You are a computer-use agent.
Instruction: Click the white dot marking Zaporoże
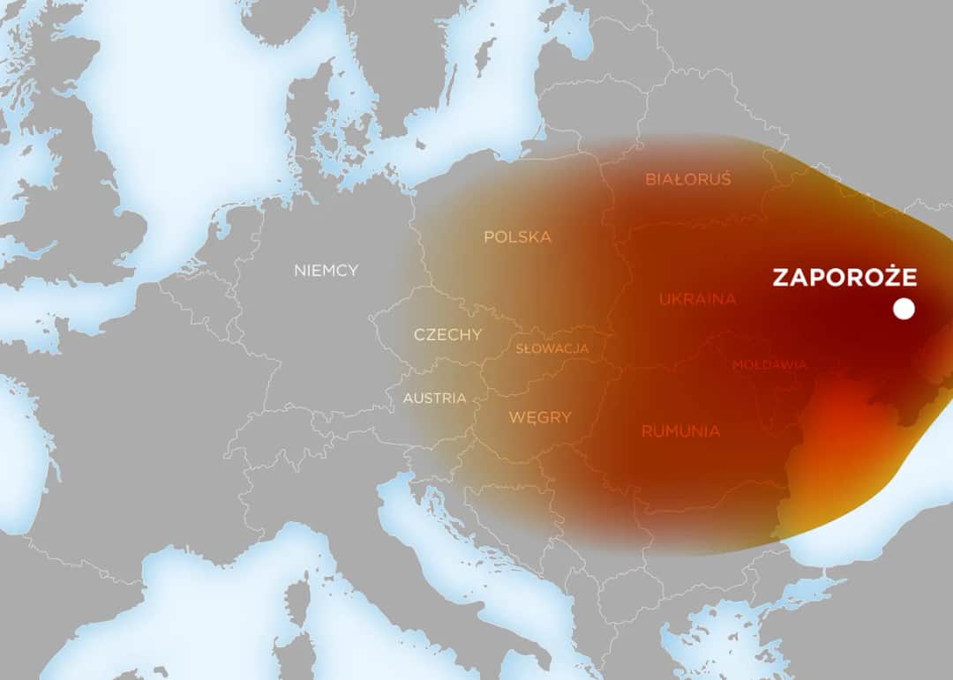pos(903,310)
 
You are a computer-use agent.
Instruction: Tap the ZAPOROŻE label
pos(844,277)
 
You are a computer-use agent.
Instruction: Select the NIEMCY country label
pos(326,270)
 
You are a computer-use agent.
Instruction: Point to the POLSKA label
pos(517,236)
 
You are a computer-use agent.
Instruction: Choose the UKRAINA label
pos(697,299)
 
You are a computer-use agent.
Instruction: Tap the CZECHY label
pos(447,334)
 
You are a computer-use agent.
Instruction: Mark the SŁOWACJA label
pos(552,348)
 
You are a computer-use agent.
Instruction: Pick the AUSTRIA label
pos(434,398)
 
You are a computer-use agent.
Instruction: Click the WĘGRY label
pos(540,417)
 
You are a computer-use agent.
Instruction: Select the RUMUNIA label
pos(680,431)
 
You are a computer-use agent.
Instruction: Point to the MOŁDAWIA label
pos(769,364)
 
